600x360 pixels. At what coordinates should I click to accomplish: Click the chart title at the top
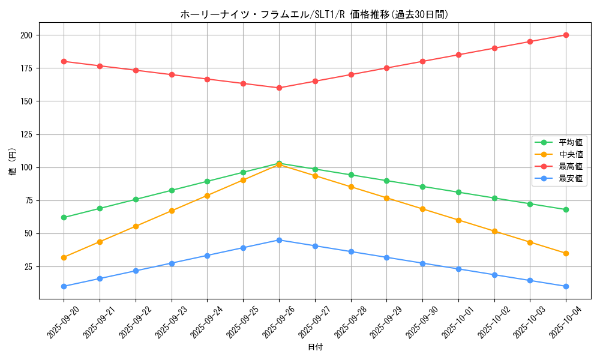coord(314,14)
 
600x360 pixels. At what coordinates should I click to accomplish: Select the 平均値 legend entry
coord(570,142)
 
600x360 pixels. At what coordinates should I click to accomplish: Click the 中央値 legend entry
coord(570,154)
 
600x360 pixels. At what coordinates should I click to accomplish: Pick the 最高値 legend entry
coord(570,166)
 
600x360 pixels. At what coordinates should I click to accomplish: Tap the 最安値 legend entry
coord(570,178)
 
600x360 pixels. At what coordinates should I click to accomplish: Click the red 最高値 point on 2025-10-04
coord(566,35)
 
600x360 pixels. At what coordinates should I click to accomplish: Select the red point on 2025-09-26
coord(279,88)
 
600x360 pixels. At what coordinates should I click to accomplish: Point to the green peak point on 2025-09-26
coord(279,163)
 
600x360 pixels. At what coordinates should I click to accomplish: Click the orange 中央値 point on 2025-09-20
coord(64,257)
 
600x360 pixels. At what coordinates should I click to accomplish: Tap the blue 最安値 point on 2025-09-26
coord(279,240)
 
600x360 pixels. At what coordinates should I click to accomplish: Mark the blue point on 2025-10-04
coord(566,286)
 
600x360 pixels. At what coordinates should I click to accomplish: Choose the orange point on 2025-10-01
coord(458,220)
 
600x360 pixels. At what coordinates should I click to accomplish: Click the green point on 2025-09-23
coord(172,190)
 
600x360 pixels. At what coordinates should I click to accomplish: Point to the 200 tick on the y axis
coord(26,35)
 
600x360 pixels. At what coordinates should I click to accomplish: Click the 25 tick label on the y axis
coord(29,266)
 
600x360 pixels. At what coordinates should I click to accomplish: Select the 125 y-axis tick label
coord(26,134)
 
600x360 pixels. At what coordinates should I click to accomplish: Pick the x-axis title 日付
coord(314,347)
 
